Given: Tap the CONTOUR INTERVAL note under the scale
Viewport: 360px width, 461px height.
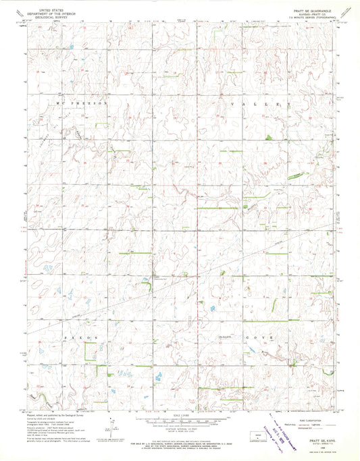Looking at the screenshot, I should click(180, 430).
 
